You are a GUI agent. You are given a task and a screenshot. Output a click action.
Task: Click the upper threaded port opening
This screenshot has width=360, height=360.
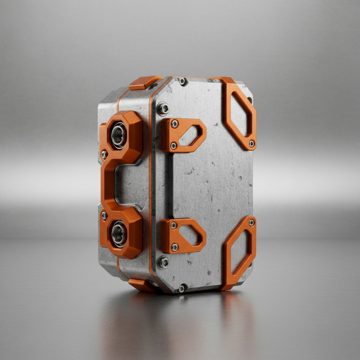[119, 135]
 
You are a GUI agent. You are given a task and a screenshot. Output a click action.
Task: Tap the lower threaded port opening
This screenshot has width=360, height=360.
[119, 234]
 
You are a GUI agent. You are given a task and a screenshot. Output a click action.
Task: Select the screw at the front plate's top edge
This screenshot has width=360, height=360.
[182, 82]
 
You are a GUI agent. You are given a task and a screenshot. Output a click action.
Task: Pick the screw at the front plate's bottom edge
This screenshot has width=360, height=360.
[182, 288]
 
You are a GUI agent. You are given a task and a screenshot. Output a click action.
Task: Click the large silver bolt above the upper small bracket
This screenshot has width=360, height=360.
[163, 109]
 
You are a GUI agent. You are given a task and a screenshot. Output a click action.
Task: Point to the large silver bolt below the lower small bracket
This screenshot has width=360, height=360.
[163, 262]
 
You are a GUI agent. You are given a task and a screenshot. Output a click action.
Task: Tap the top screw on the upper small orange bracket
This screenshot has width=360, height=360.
[174, 124]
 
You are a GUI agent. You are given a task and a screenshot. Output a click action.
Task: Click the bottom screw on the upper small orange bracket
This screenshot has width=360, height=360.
[173, 145]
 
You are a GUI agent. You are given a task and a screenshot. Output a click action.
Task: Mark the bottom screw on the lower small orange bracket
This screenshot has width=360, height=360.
[174, 247]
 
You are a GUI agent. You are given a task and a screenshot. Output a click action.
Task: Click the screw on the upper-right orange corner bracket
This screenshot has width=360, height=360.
[252, 143]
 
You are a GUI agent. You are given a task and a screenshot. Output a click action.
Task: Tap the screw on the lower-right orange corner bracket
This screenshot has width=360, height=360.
[252, 223]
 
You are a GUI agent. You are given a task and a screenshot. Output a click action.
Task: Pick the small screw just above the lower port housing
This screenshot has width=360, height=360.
[104, 215]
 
